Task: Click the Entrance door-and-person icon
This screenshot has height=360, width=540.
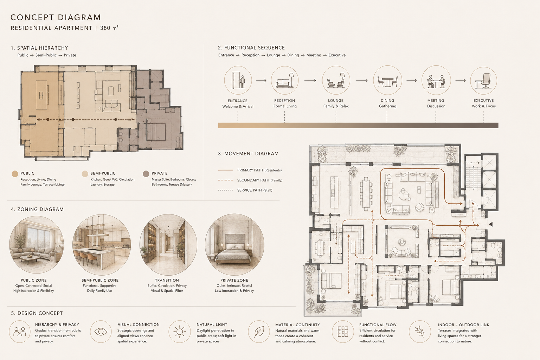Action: coord(238,80)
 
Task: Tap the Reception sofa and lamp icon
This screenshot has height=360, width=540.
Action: coord(285,80)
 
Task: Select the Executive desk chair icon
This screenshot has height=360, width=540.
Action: coord(484,81)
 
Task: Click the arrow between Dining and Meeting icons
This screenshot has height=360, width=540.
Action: coord(412,81)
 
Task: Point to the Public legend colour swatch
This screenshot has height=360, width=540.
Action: coord(15,174)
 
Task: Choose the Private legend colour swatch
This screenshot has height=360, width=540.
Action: coord(146,174)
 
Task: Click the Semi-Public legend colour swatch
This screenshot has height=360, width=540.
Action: coord(85,174)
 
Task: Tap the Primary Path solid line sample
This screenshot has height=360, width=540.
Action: coord(226,170)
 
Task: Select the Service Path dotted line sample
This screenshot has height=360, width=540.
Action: coord(226,190)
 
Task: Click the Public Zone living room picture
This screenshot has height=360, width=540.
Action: coord(37,245)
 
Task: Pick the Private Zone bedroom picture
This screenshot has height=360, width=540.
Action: coord(234,245)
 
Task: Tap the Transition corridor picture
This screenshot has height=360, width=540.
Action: coord(168,245)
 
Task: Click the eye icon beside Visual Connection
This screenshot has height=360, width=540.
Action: coord(101,332)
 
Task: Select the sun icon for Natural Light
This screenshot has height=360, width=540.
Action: coord(180,332)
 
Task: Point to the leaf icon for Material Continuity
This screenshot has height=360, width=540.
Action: coord(259,332)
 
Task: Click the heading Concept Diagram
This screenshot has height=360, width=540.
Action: coord(56,17)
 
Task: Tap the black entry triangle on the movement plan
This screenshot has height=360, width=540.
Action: coord(490,225)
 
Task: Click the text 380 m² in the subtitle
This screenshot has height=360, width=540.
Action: coord(109,28)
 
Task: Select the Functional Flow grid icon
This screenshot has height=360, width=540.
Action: coord(343,332)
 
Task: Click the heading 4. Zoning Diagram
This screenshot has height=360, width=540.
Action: coord(37,209)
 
